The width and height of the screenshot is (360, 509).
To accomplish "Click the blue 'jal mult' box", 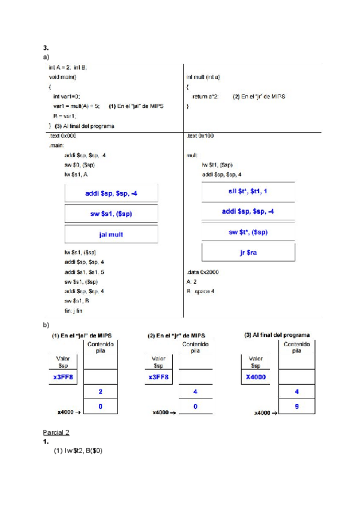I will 111,234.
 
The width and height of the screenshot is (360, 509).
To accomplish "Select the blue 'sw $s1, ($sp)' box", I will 111,214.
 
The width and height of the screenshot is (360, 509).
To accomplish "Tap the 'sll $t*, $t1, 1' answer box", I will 248,191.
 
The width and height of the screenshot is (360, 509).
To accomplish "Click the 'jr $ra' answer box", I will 248,253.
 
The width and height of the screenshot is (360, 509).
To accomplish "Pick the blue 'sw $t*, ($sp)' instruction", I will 248,232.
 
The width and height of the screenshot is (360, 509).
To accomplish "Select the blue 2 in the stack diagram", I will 100,391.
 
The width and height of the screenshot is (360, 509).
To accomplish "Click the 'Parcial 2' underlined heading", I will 56,432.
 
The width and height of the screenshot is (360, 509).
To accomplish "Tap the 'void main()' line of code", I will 63,77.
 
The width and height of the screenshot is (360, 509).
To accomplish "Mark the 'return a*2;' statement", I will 206,96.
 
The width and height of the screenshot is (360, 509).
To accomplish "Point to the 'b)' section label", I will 46,325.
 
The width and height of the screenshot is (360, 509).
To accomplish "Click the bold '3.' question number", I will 46,47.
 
